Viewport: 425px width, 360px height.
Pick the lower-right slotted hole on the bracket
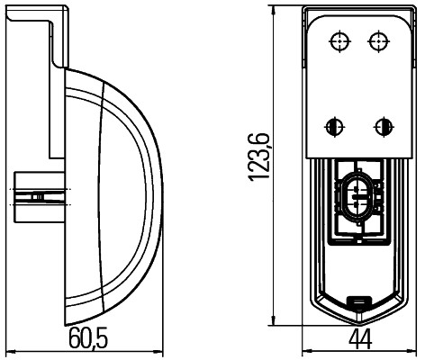click(384, 125)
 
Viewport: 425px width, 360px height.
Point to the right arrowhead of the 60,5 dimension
click(162, 349)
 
